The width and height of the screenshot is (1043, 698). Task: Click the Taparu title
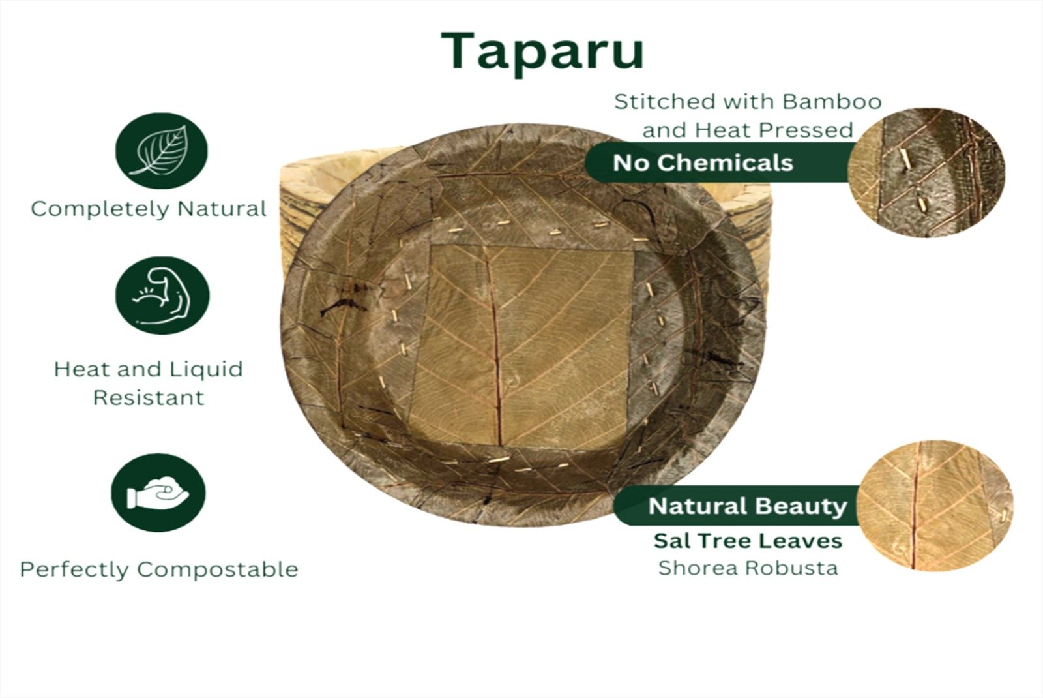tap(542, 52)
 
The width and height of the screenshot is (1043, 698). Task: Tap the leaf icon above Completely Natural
tap(162, 151)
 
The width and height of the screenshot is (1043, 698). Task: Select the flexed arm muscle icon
tap(162, 296)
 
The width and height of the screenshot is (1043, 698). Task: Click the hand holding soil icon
tap(158, 493)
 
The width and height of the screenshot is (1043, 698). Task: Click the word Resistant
tap(149, 398)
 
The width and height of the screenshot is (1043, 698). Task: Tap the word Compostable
tap(218, 569)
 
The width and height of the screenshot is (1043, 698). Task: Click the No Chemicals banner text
tap(703, 162)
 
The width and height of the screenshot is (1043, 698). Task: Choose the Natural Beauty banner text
tap(747, 506)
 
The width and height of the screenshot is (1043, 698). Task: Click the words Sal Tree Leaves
tap(748, 541)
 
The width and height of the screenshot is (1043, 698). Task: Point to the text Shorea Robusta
tap(748, 568)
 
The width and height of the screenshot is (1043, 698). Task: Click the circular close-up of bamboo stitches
tap(926, 172)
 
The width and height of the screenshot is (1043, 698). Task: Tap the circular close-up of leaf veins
tap(934, 505)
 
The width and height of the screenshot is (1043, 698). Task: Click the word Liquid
tap(205, 370)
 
